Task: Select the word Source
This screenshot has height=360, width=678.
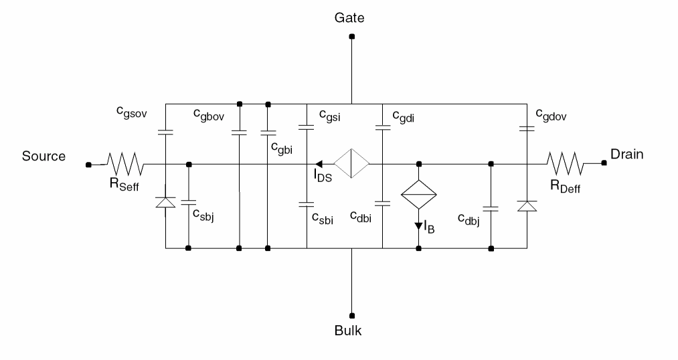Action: (44, 156)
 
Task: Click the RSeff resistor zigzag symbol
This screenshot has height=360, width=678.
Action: (125, 163)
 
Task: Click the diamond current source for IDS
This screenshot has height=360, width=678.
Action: (351, 163)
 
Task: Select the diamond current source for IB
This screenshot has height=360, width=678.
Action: (418, 196)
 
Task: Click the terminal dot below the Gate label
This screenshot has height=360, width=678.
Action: (351, 37)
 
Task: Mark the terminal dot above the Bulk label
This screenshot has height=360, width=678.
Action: (351, 315)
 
